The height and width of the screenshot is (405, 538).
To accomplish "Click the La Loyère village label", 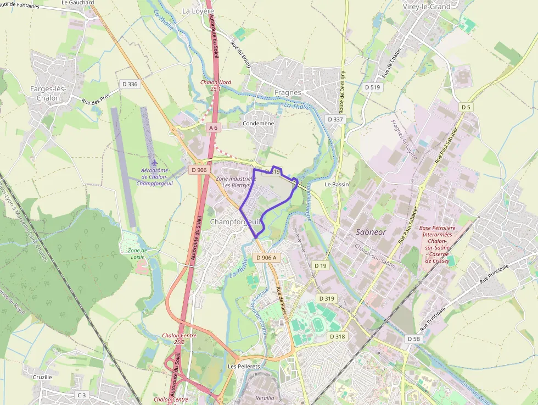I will pos(198,10).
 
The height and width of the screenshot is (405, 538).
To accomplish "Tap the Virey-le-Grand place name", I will pos(426,7).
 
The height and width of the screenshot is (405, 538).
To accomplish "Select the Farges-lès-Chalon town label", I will pos(48,93).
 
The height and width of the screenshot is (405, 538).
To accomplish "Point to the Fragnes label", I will pos(288,92).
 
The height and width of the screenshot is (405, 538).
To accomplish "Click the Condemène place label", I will pos(258,124).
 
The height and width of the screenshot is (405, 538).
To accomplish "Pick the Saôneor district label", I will pos(371,232).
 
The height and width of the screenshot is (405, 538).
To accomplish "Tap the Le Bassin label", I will pos(337,185).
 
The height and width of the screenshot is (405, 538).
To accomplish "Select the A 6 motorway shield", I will pos(213,127).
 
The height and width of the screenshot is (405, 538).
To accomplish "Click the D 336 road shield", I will pos(130,84).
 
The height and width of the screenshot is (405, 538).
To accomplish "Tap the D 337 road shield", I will pos(335,119).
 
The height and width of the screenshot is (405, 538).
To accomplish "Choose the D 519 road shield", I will pos(372,87).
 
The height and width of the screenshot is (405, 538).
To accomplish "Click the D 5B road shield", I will pos(414,339).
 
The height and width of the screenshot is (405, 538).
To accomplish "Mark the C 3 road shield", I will pos(82,395).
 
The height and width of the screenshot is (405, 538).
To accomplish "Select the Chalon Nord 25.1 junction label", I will pos(215,85).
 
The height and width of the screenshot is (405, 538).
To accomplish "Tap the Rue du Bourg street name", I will pos(240,56).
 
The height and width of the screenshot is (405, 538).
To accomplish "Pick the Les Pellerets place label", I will pos(243,366).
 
